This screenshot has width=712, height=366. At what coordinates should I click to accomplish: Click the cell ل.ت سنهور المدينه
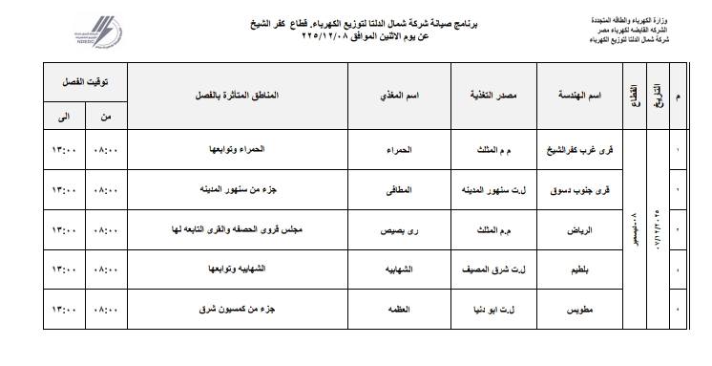(x=491, y=190)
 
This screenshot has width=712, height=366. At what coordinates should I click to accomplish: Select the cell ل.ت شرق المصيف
(x=492, y=270)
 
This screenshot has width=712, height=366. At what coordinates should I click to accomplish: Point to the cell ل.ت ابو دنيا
(x=492, y=311)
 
